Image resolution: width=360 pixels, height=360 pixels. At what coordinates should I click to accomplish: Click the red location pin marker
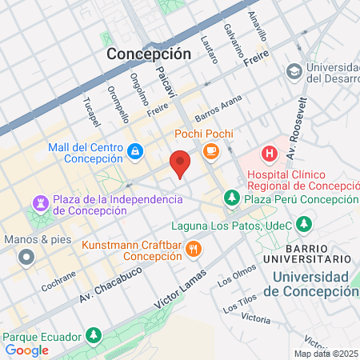(181, 163)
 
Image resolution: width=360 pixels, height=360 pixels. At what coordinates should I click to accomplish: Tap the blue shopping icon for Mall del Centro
(136, 150)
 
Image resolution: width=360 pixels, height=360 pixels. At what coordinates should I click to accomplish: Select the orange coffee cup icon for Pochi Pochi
(211, 150)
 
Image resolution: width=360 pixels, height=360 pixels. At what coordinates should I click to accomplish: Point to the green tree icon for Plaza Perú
(231, 197)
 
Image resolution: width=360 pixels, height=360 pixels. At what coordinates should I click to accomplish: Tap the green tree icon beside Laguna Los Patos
(303, 222)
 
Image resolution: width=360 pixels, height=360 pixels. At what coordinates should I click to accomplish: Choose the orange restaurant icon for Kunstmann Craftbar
(193, 250)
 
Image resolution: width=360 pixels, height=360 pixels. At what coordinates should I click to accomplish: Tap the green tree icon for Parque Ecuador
(94, 334)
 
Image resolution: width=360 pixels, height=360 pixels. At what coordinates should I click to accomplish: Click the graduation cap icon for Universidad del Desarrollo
(294, 71)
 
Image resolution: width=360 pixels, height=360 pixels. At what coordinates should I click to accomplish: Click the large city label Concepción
(150, 54)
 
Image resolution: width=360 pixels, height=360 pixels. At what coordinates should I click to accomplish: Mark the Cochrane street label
(58, 286)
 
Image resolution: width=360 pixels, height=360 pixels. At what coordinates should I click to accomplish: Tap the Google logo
(27, 350)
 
